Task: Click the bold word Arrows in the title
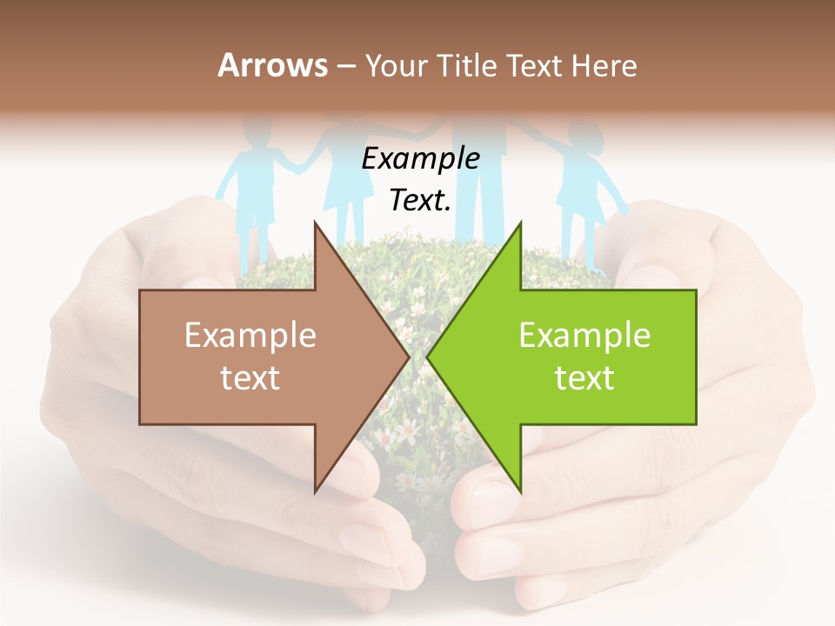click(x=272, y=65)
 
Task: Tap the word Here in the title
click(x=604, y=65)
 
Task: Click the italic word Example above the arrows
click(x=421, y=159)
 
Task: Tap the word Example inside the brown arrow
click(x=250, y=336)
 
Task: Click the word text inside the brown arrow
click(x=250, y=378)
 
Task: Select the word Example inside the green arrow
click(x=584, y=336)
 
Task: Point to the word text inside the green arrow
click(x=584, y=378)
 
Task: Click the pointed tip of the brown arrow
click(x=406, y=356)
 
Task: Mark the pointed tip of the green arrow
click(x=430, y=356)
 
